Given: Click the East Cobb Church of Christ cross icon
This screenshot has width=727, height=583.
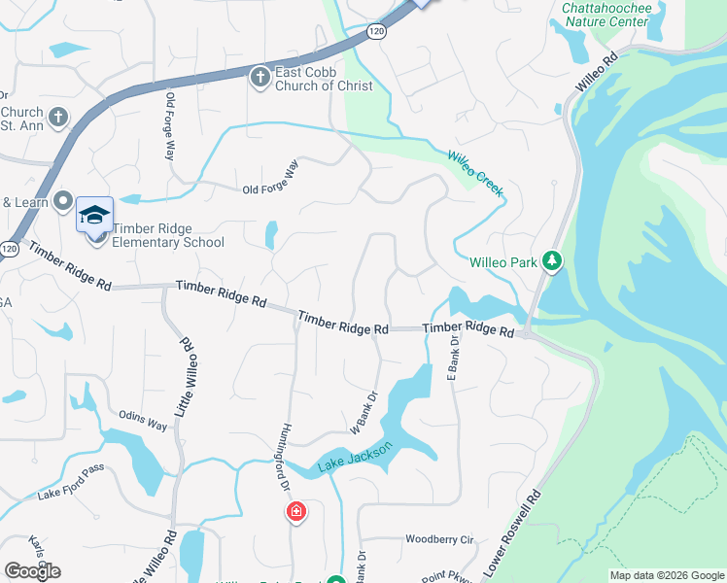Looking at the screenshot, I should (x=260, y=77).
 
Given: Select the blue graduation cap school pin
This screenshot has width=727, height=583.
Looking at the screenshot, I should (x=94, y=215).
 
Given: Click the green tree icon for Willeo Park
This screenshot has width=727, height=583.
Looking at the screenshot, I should (x=552, y=261).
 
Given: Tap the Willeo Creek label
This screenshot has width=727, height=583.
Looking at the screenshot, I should (x=476, y=174).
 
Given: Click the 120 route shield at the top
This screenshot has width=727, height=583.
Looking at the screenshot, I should (x=376, y=32).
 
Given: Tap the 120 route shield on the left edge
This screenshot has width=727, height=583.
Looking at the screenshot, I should (x=9, y=249).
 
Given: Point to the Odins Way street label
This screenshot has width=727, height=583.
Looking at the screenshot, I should (x=144, y=421).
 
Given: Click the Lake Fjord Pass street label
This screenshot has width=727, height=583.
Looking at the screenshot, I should (x=70, y=494).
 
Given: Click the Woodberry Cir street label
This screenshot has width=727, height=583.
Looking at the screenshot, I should (x=438, y=538).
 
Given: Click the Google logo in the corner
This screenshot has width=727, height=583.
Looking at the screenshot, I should (x=32, y=570).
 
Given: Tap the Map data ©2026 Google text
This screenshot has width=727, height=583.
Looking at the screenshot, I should (x=667, y=575).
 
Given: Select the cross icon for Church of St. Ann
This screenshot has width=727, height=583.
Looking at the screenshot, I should (x=58, y=119).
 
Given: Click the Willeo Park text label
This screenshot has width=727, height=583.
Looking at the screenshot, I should (x=503, y=262).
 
